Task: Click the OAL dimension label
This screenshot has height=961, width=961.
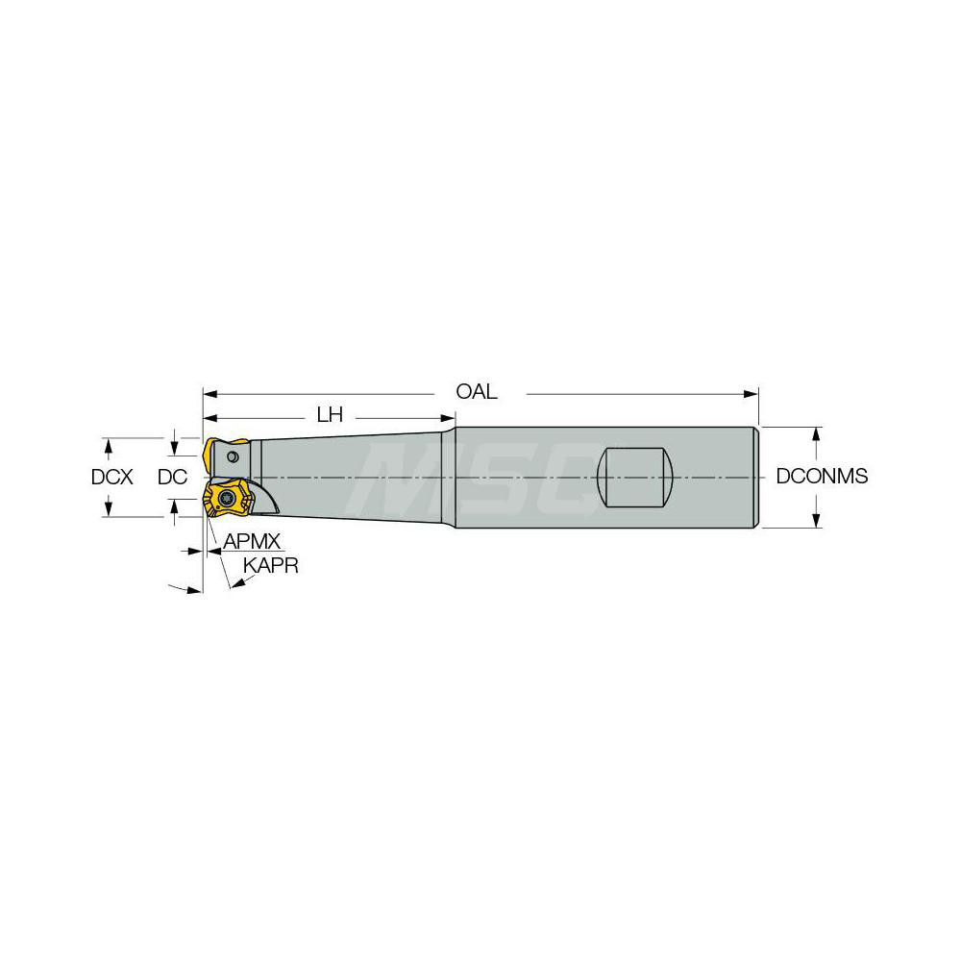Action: coord(478,392)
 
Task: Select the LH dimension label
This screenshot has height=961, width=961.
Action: coord(330,416)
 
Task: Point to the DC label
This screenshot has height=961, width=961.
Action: coord(172,477)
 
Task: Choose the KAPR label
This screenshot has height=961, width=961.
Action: coord(270,566)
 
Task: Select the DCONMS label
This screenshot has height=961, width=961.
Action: coord(822,477)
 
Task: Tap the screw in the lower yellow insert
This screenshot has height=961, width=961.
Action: coord(228,498)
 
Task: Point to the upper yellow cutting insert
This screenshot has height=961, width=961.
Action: coord(221,452)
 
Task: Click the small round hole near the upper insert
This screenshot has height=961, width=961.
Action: coord(232,470)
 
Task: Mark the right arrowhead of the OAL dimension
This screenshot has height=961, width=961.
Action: coord(752,393)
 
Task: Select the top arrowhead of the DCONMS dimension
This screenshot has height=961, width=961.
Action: coord(816,432)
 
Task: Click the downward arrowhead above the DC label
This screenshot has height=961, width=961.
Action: coord(173,448)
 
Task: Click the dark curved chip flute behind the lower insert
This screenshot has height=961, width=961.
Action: coord(267,500)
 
